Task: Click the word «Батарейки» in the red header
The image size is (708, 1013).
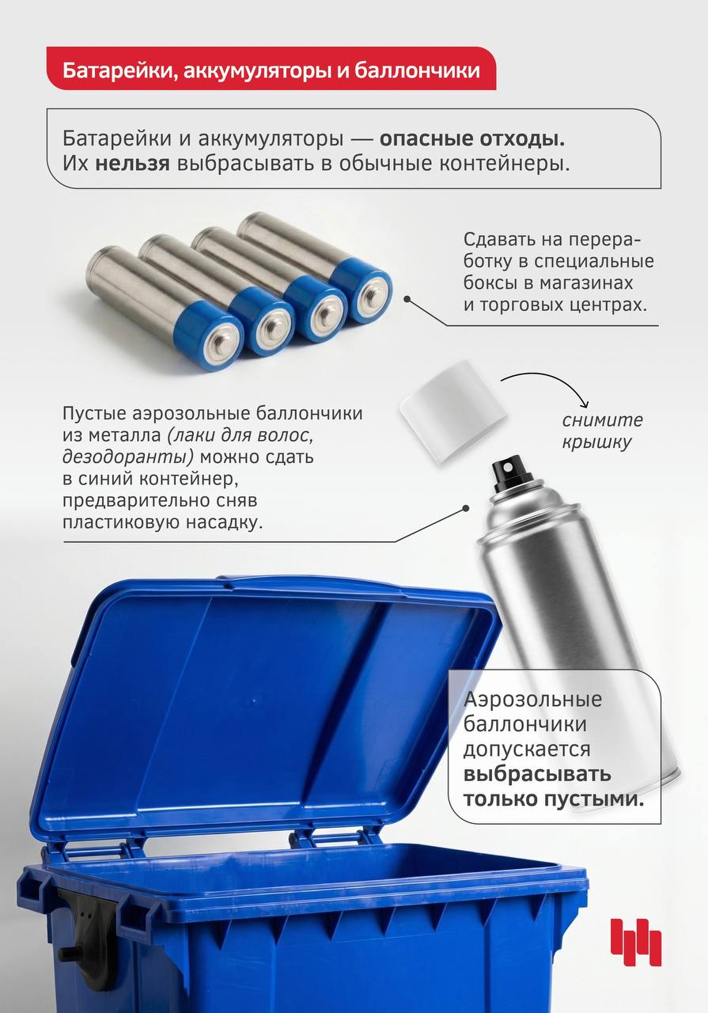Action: (117, 71)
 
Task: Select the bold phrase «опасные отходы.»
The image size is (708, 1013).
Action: (472, 138)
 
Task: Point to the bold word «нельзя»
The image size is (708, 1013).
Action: (132, 164)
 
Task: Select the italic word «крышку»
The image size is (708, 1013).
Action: (596, 442)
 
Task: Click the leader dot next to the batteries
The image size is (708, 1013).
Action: (407, 299)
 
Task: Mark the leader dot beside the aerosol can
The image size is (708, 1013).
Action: (466, 509)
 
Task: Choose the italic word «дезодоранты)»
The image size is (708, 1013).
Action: (128, 457)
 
